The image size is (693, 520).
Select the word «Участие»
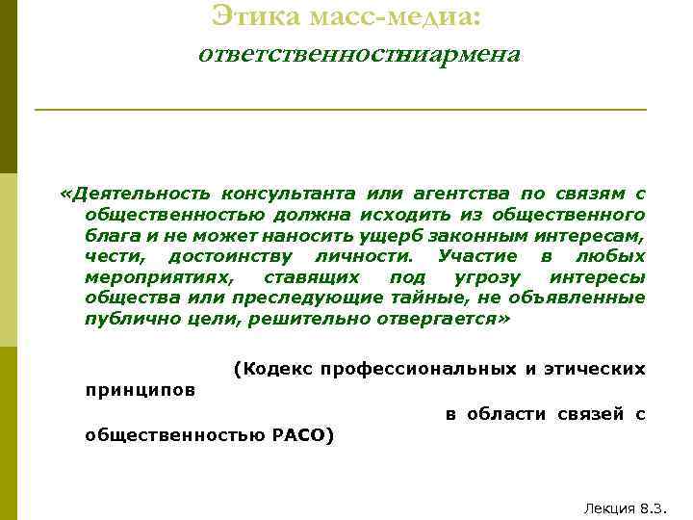(x=476, y=255)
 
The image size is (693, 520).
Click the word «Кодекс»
(x=272, y=369)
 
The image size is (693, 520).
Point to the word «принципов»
(x=140, y=391)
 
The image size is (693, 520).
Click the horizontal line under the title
(x=340, y=110)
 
